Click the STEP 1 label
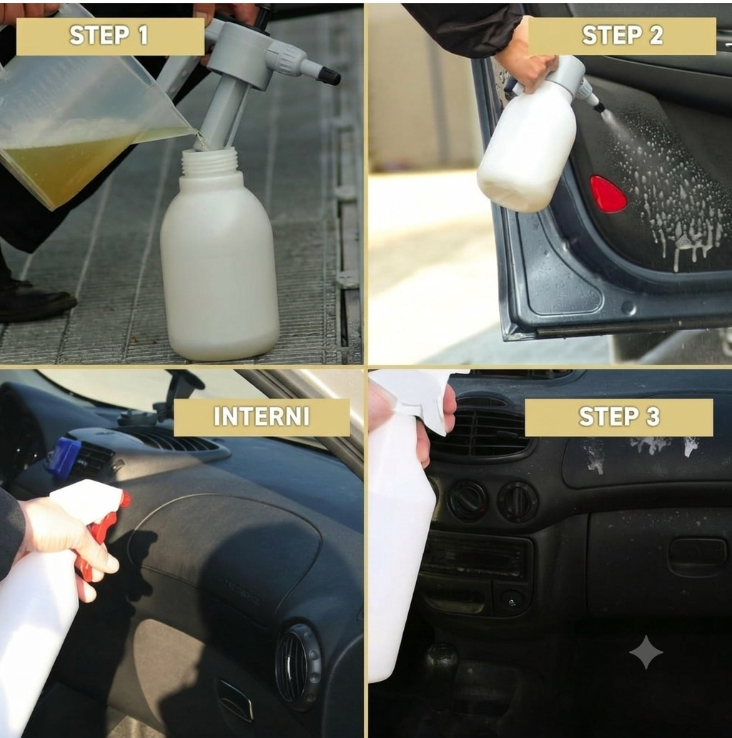tap(110, 36)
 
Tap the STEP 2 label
tap(622, 36)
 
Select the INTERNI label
tap(262, 417)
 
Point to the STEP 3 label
tap(619, 417)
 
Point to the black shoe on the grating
tap(34, 301)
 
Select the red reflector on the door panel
tap(608, 194)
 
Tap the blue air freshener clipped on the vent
tap(64, 456)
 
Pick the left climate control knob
tap(468, 500)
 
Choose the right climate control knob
tap(518, 502)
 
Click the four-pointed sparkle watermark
tap(646, 652)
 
